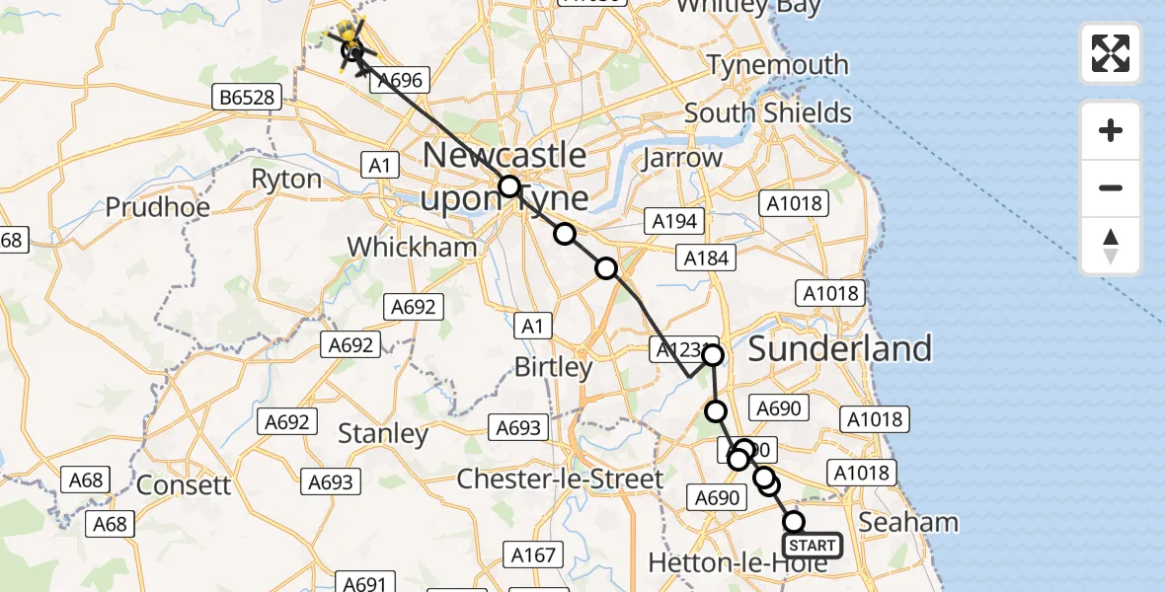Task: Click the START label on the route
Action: coord(813,546)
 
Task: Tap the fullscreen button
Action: coord(1111,53)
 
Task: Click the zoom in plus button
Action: coord(1111,130)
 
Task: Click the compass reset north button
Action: coord(1111,246)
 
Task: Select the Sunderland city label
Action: coord(839,348)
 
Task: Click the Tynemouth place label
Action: coord(778,65)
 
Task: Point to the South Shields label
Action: coord(768,112)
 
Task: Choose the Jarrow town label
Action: coord(682,157)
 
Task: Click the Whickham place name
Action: coord(413,247)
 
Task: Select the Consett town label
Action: coord(184,485)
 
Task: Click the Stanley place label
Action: coord(383,433)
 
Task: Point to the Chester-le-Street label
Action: coord(560,480)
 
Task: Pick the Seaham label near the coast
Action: coord(908,522)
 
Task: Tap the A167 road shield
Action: coord(533,555)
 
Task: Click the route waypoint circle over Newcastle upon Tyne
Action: coord(509,186)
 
